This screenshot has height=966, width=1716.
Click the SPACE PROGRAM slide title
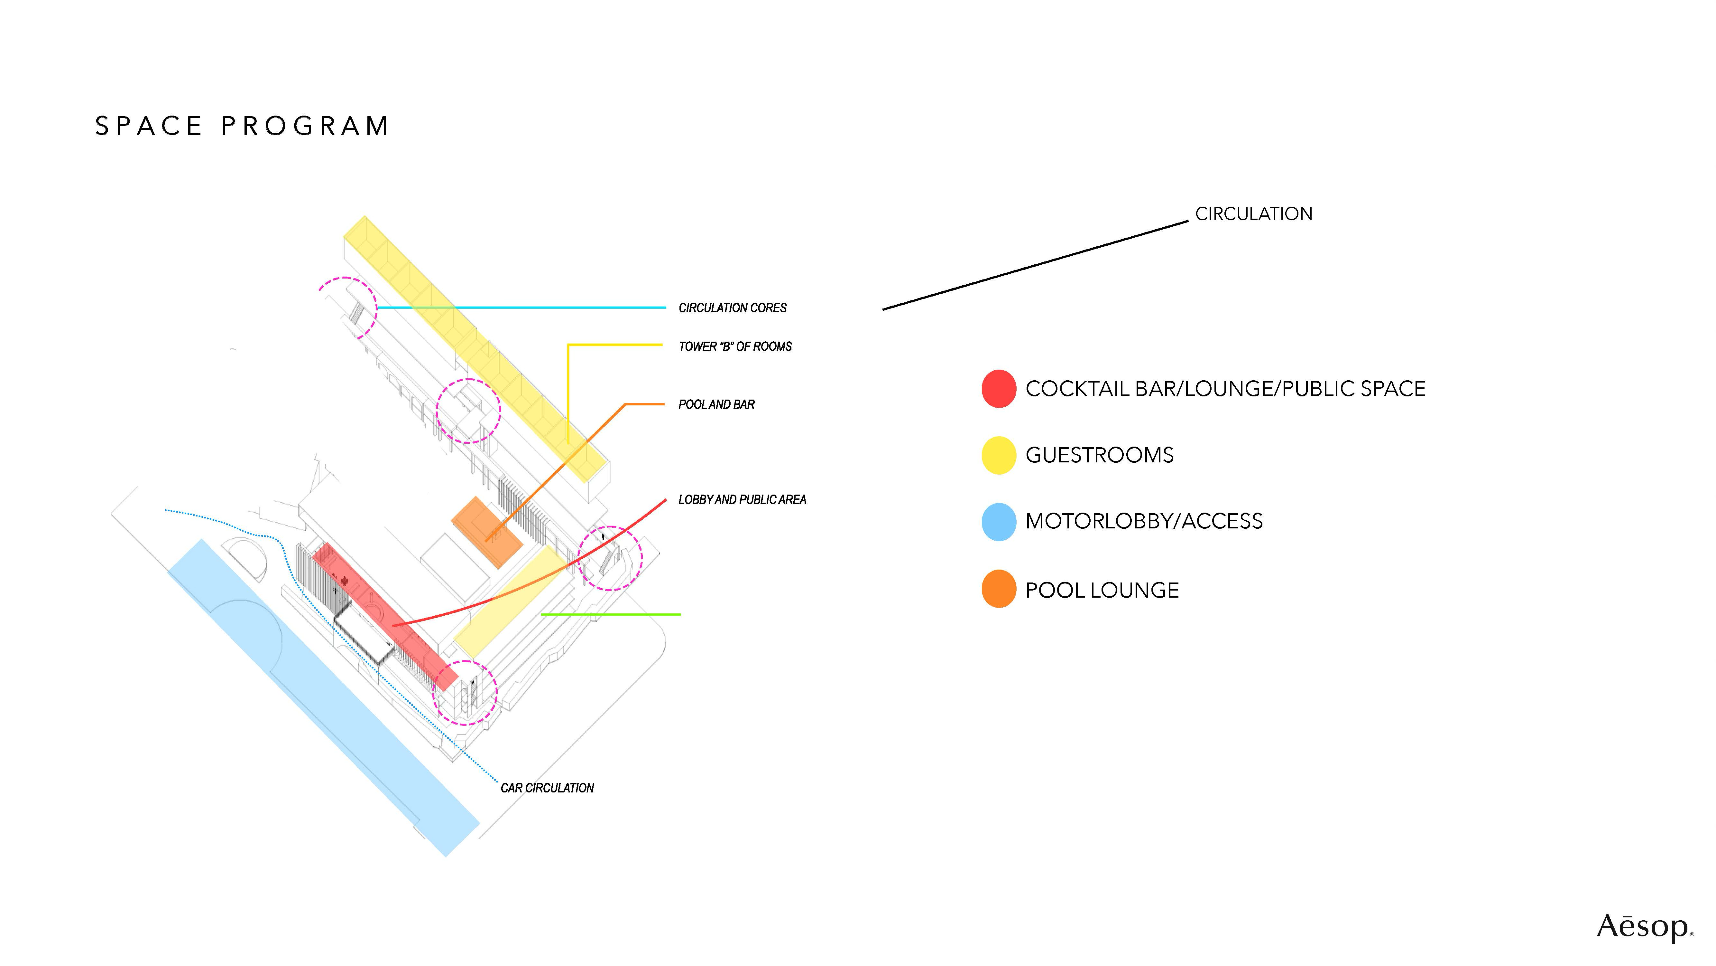coord(242,126)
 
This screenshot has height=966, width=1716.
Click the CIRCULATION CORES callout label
coord(732,308)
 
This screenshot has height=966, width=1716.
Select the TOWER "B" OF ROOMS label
coord(735,347)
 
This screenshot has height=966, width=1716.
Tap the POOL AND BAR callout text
coord(716,405)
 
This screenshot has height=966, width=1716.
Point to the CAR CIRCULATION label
coord(547,788)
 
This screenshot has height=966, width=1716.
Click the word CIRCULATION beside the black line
coord(1253,214)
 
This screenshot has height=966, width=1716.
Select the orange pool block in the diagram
coord(486,531)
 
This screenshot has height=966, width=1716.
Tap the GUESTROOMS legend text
coord(1099,455)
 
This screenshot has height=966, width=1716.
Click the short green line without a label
coord(611,614)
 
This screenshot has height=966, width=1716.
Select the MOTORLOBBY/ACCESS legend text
coord(1144,521)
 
